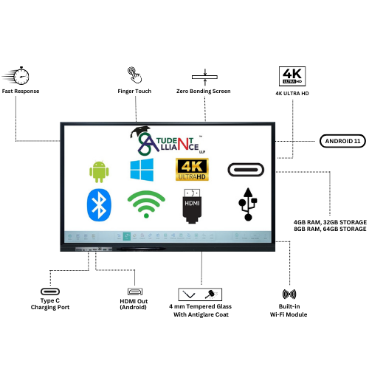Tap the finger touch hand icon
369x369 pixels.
(134, 75)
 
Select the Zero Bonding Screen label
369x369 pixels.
(204, 91)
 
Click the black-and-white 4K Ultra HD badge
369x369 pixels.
(292, 76)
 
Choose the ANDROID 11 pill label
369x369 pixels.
(342, 141)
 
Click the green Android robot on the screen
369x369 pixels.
(99, 171)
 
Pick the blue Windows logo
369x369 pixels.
(142, 170)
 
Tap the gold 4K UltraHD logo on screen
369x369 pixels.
(192, 170)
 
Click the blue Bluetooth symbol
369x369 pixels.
(99, 204)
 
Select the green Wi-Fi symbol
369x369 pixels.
(146, 204)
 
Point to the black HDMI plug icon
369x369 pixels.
(192, 206)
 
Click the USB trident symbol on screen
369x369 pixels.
(248, 204)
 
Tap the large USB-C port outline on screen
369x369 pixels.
(246, 170)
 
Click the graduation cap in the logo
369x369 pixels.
(140, 131)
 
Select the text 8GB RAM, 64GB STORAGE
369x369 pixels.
(330, 229)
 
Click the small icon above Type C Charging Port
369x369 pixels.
(50, 292)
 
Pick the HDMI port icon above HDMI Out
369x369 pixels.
(135, 292)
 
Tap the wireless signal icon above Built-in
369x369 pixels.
(289, 294)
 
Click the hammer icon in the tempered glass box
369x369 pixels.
(211, 294)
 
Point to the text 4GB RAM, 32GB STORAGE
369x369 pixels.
(330, 222)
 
